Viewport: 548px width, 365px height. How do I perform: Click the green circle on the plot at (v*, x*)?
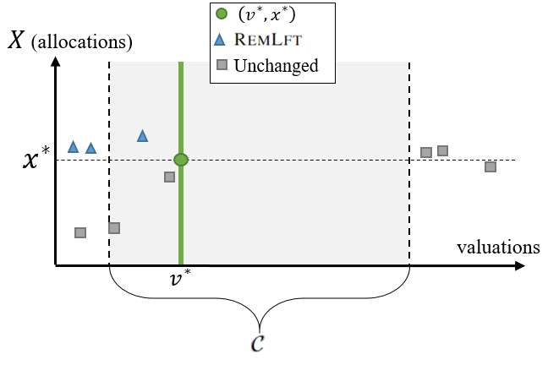click(181, 160)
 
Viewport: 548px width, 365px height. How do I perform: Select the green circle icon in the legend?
click(222, 14)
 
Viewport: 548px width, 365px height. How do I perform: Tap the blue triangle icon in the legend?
click(220, 40)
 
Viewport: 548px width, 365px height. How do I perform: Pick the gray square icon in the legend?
click(222, 64)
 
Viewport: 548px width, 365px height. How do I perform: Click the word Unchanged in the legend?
click(276, 66)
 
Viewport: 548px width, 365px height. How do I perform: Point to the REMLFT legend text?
click(268, 40)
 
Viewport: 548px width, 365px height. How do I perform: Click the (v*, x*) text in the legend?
click(267, 14)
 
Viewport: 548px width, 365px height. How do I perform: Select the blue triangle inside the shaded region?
click(143, 136)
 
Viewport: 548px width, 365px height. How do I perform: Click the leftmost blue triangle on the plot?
click(73, 147)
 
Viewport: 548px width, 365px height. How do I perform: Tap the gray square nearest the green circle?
click(169, 177)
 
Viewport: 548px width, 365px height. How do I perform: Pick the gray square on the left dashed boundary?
click(114, 228)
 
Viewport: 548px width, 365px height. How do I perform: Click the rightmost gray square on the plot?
click(490, 167)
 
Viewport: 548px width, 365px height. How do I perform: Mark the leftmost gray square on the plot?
click(80, 232)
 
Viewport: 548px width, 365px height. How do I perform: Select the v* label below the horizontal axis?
click(180, 278)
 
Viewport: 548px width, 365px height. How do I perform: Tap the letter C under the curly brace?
click(258, 343)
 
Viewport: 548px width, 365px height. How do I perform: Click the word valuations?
click(498, 248)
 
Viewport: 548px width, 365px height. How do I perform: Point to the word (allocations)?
click(82, 42)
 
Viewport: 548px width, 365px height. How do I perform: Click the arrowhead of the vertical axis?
click(55, 62)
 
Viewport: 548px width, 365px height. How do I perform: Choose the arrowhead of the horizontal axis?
click(520, 266)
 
